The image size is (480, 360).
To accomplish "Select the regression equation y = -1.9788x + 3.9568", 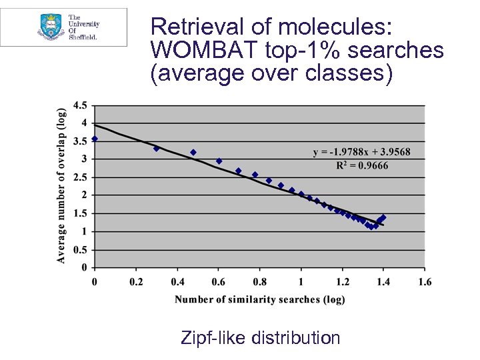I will pos(361,152).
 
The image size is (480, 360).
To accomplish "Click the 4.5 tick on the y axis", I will pos(79,105).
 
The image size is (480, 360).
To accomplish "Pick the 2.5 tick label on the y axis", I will pos(79,177).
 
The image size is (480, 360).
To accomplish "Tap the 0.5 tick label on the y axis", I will pos(79,250).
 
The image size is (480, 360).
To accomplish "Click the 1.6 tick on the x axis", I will pos(424,282).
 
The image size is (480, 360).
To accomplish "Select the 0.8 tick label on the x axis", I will pos(259,282).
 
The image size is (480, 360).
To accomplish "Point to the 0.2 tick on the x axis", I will pos(135,282).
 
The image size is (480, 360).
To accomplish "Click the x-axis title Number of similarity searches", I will pos(259,299).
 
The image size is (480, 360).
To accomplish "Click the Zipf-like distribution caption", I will pos(260,337).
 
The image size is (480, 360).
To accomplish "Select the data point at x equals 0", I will pos(95,139).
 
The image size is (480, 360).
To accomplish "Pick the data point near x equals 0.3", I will pos(156,148).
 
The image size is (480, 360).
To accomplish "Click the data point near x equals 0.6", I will pos(219,161).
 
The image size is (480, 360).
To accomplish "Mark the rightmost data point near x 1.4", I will pos(383,217).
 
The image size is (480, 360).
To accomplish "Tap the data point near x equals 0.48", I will pos(193,153).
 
